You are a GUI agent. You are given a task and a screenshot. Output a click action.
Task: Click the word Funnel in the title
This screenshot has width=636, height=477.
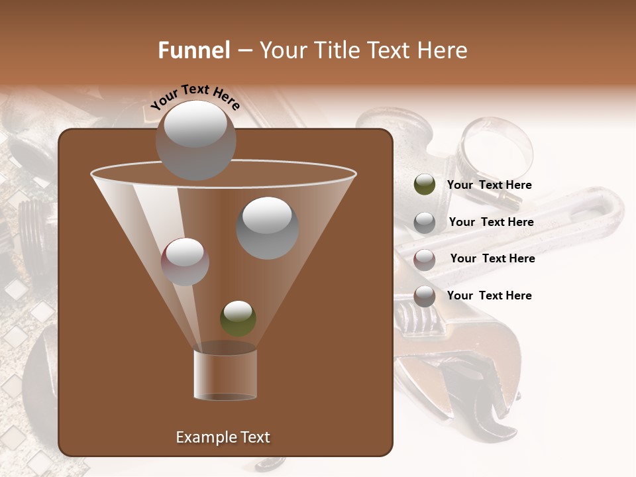pos(194,50)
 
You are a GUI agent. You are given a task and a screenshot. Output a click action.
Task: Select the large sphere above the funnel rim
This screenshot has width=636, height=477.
pos(195,140)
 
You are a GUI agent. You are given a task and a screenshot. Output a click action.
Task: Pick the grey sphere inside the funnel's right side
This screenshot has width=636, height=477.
pos(267,228)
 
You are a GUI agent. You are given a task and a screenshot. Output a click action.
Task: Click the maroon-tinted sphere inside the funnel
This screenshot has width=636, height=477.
pos(185,261)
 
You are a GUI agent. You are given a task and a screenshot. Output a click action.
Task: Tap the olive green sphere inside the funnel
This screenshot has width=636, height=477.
pos(238,318)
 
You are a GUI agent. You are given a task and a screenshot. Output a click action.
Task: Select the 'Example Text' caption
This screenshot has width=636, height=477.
pos(223,437)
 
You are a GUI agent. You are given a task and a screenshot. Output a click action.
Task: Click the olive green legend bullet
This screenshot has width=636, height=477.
pos(424,184)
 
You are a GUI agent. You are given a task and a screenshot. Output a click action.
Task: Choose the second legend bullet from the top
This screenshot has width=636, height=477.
pos(424,223)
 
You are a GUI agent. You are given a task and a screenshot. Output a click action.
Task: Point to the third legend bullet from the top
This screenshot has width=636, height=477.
pos(424,260)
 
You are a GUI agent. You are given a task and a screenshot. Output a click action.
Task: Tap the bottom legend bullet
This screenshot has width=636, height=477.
pos(424,296)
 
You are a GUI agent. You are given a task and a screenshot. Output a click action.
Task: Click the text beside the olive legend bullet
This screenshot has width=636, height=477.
pos(489,185)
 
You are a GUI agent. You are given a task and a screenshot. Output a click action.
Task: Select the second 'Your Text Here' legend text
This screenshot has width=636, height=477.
pos(491,222)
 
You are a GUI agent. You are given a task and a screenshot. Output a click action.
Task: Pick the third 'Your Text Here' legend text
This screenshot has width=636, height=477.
pos(492,258)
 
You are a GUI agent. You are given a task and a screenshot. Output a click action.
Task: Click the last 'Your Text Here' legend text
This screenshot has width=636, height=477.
pos(489,295)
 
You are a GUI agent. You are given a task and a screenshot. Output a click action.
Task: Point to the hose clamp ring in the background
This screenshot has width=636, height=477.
pos(497,142)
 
